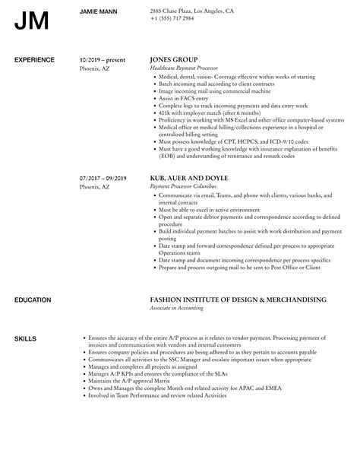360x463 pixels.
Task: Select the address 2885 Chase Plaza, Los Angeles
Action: tap(193, 11)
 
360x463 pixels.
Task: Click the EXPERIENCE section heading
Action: tap(35, 59)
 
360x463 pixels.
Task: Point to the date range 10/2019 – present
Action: tap(103, 59)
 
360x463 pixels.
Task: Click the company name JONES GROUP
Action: tap(174, 59)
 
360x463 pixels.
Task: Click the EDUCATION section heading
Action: tap(34, 278)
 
